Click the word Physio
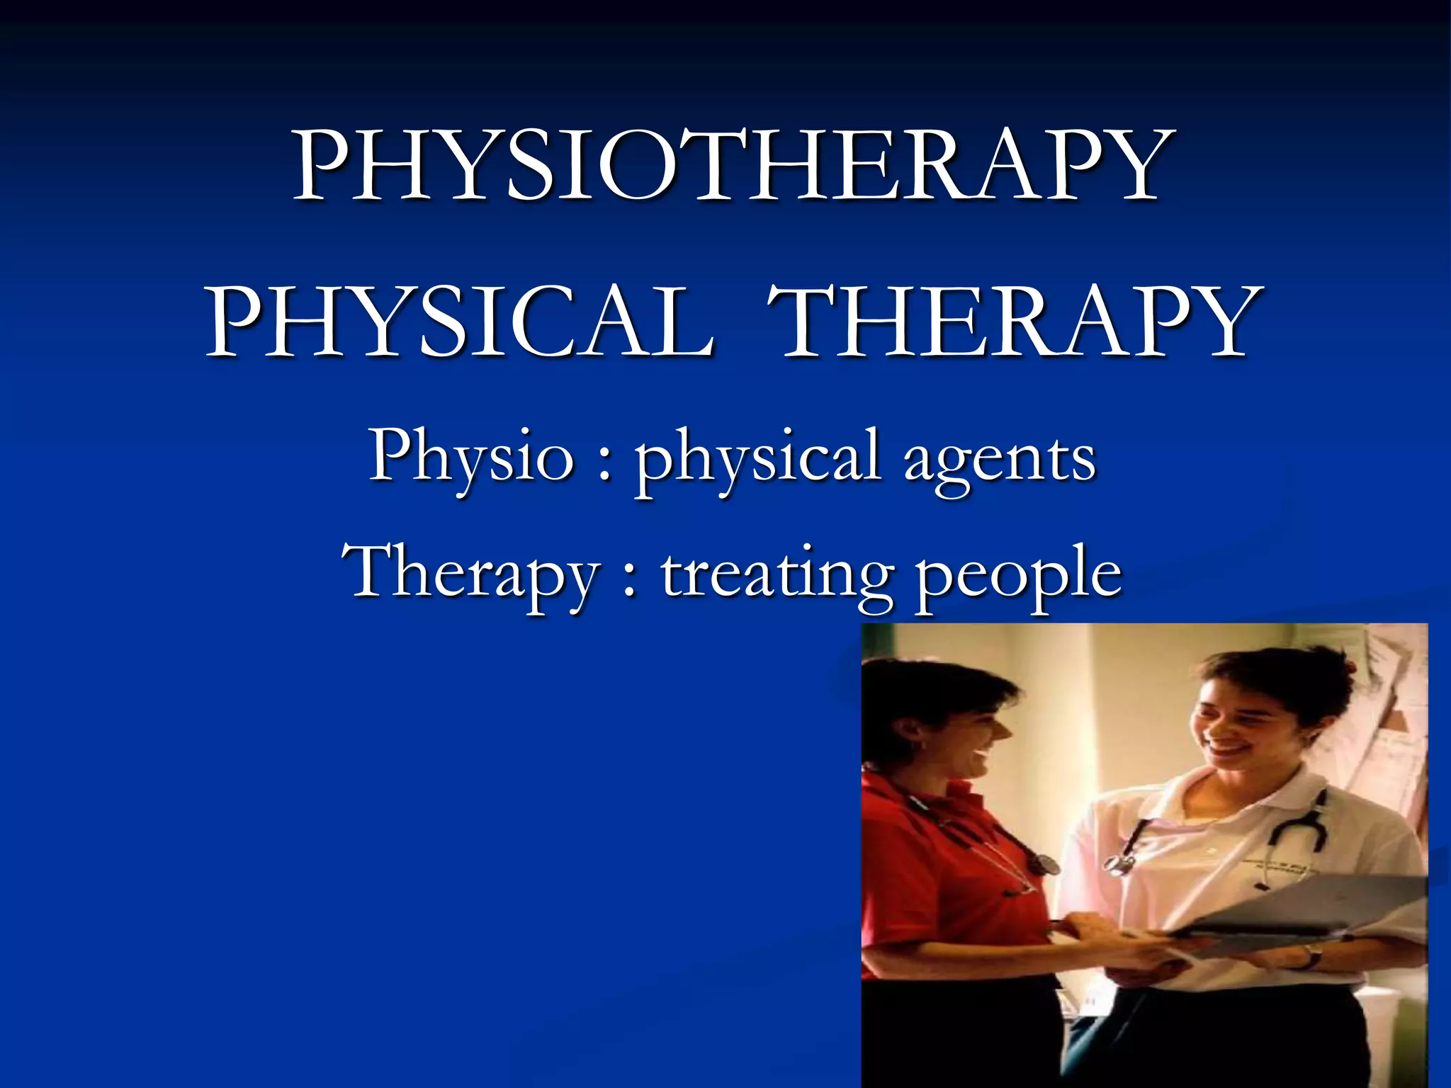tap(470, 457)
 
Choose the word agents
tap(999, 460)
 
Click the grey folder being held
tap(1311, 907)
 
